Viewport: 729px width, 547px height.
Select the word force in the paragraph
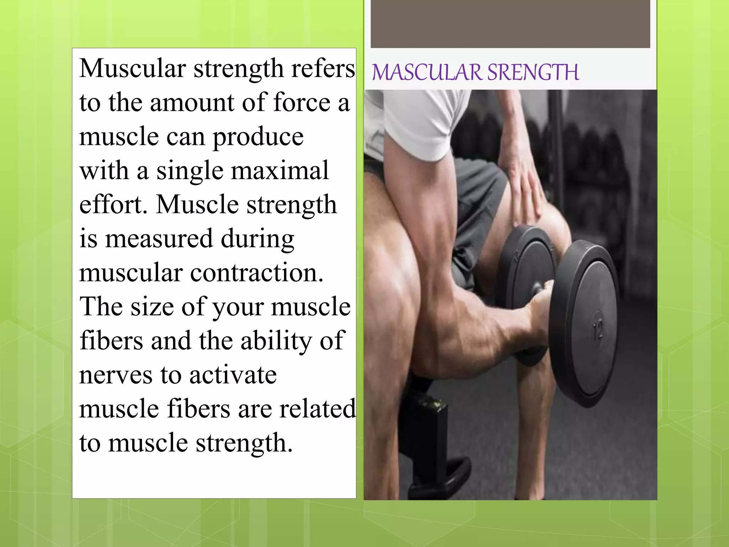click(x=302, y=103)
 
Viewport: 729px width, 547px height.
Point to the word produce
click(x=258, y=137)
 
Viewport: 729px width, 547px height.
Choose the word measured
click(x=159, y=238)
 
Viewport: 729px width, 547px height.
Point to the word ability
click(x=276, y=341)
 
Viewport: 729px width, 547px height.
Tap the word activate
click(x=233, y=375)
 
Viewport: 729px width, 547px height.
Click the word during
click(x=257, y=239)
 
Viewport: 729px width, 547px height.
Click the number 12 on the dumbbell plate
click(x=598, y=329)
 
